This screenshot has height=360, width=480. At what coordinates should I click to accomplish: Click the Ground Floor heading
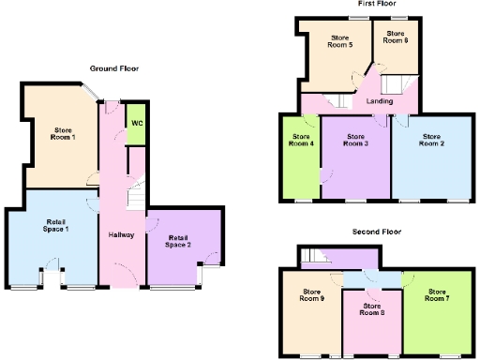[x=114, y=68]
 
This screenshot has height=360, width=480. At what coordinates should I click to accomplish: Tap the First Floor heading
[x=374, y=4]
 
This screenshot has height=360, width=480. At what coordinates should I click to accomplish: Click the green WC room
[x=137, y=124]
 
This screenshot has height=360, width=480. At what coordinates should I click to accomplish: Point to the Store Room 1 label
[x=64, y=135]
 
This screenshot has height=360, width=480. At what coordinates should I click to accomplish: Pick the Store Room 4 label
[x=300, y=140]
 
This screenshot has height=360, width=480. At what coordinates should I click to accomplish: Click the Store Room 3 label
[x=354, y=140]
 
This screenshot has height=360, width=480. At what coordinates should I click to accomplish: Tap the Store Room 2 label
[x=431, y=140]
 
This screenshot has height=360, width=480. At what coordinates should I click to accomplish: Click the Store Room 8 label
[x=371, y=310]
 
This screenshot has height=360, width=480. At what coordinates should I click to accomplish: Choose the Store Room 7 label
[x=436, y=294]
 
